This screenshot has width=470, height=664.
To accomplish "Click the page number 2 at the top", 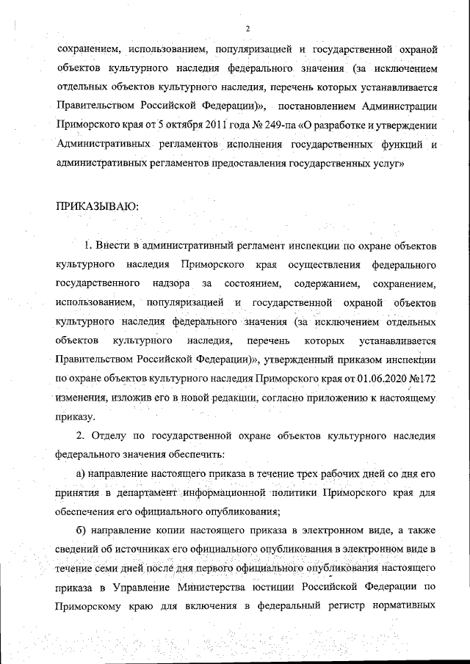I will pyautogui.click(x=247, y=29).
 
